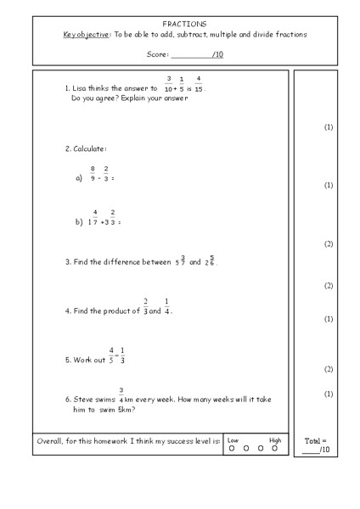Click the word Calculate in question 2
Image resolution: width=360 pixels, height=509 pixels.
point(89,148)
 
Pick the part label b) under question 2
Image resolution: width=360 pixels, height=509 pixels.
point(79,222)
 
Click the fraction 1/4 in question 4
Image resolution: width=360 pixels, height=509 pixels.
point(166,305)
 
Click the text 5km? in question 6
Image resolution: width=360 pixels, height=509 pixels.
point(127,409)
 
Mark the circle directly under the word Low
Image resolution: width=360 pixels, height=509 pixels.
point(231,447)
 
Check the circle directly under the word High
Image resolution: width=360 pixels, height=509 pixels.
point(274,447)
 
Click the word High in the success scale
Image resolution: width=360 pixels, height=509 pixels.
point(274,439)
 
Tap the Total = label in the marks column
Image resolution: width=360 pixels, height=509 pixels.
point(315,441)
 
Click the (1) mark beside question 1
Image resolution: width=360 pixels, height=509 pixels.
point(329,127)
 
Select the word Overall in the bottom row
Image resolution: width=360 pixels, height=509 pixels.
point(53,441)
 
